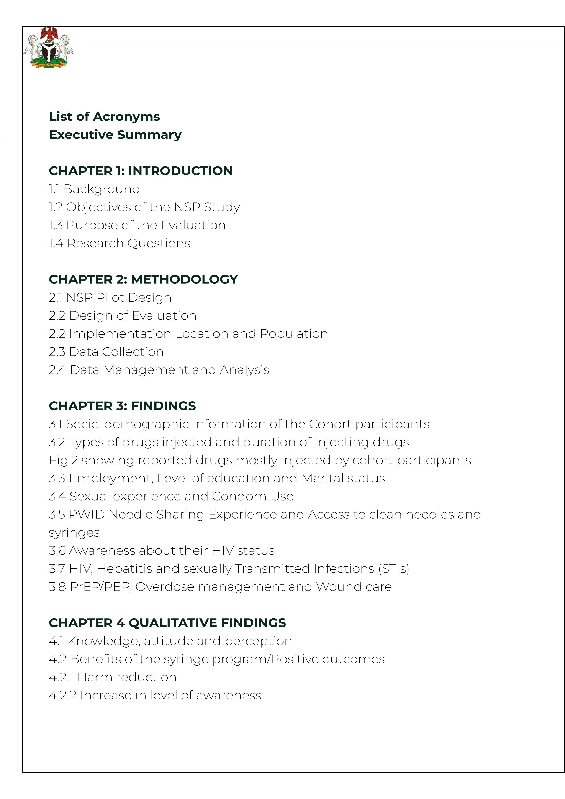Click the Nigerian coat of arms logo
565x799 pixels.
pyautogui.click(x=49, y=47)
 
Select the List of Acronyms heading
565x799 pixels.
pyautogui.click(x=104, y=117)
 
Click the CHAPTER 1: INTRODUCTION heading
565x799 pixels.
pyautogui.click(x=141, y=171)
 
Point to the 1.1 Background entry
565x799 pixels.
pyautogui.click(x=94, y=189)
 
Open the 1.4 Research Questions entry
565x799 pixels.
pyautogui.click(x=119, y=243)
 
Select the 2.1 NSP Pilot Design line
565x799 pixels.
pyautogui.click(x=110, y=297)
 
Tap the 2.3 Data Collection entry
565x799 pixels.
pyautogui.click(x=106, y=352)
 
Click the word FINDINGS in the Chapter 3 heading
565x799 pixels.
pyautogui.click(x=163, y=406)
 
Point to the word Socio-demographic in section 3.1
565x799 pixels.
pyautogui.click(x=127, y=424)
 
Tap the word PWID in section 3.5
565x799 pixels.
pyautogui.click(x=87, y=515)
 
